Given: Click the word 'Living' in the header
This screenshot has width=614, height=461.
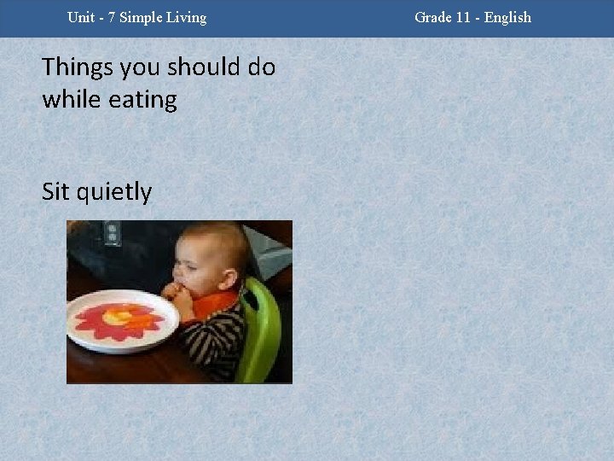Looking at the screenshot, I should pyautogui.click(x=187, y=18).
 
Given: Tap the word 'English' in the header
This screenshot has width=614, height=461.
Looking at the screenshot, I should pyautogui.click(x=507, y=18).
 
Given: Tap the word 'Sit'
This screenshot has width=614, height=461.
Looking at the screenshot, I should pyautogui.click(x=56, y=192).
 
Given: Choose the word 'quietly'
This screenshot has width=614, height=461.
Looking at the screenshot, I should pyautogui.click(x=113, y=193).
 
